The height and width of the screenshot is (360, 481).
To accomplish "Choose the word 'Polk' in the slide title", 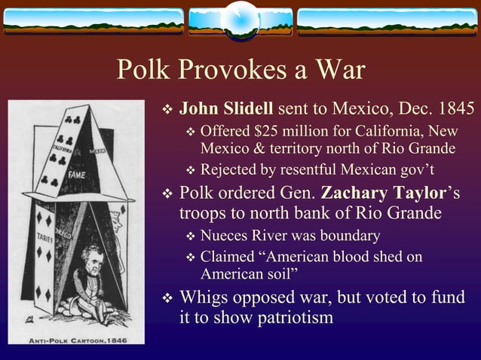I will tap(143, 72).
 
